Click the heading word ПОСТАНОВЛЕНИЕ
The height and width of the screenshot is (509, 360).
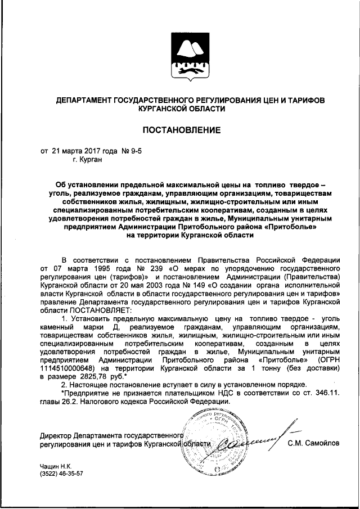[x=180, y=130]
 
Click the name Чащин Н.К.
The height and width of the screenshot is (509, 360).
[x=53, y=466]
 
